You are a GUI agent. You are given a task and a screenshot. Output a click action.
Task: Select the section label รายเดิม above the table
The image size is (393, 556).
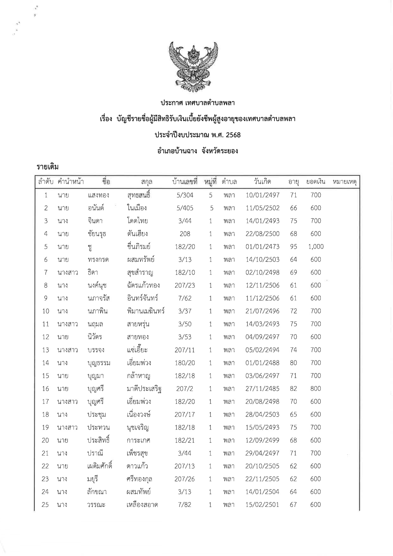tap(48, 167)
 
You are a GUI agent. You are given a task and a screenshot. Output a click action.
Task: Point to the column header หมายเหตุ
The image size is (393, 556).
tap(345, 182)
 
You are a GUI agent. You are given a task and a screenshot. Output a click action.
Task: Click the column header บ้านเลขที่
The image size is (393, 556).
tap(184, 182)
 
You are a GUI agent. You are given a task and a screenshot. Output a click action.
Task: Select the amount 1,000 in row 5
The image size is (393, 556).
tap(316, 247)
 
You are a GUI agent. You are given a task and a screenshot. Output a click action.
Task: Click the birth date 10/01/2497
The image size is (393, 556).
tap(262, 195)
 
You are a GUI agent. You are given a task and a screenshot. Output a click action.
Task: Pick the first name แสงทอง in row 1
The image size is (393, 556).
tap(98, 195)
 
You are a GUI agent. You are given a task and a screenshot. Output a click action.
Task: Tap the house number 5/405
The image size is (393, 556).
tap(185, 208)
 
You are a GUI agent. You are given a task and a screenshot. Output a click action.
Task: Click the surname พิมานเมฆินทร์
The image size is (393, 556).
tap(145, 311)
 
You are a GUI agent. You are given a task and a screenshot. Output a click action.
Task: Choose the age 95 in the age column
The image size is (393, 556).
tap(293, 247)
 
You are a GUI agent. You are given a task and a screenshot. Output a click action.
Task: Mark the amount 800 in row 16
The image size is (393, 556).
tap(316, 389)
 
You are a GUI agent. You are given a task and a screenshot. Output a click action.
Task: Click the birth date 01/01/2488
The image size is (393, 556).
tap(262, 363)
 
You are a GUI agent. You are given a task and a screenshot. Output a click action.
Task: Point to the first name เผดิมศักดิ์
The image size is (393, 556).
tap(100, 466)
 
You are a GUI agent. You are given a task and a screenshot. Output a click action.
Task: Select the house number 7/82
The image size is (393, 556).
tap(185, 505)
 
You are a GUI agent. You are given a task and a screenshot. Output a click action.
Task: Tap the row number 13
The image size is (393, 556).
tap(46, 350)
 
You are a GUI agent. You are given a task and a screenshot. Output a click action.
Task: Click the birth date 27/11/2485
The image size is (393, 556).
tap(262, 389)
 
